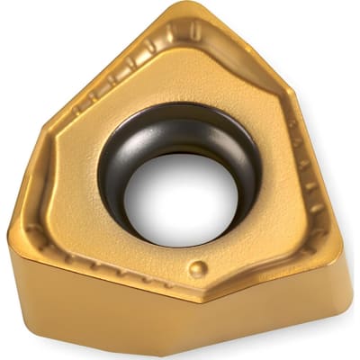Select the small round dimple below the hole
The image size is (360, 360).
point(198,268)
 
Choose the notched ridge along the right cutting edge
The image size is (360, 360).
point(310,180)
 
